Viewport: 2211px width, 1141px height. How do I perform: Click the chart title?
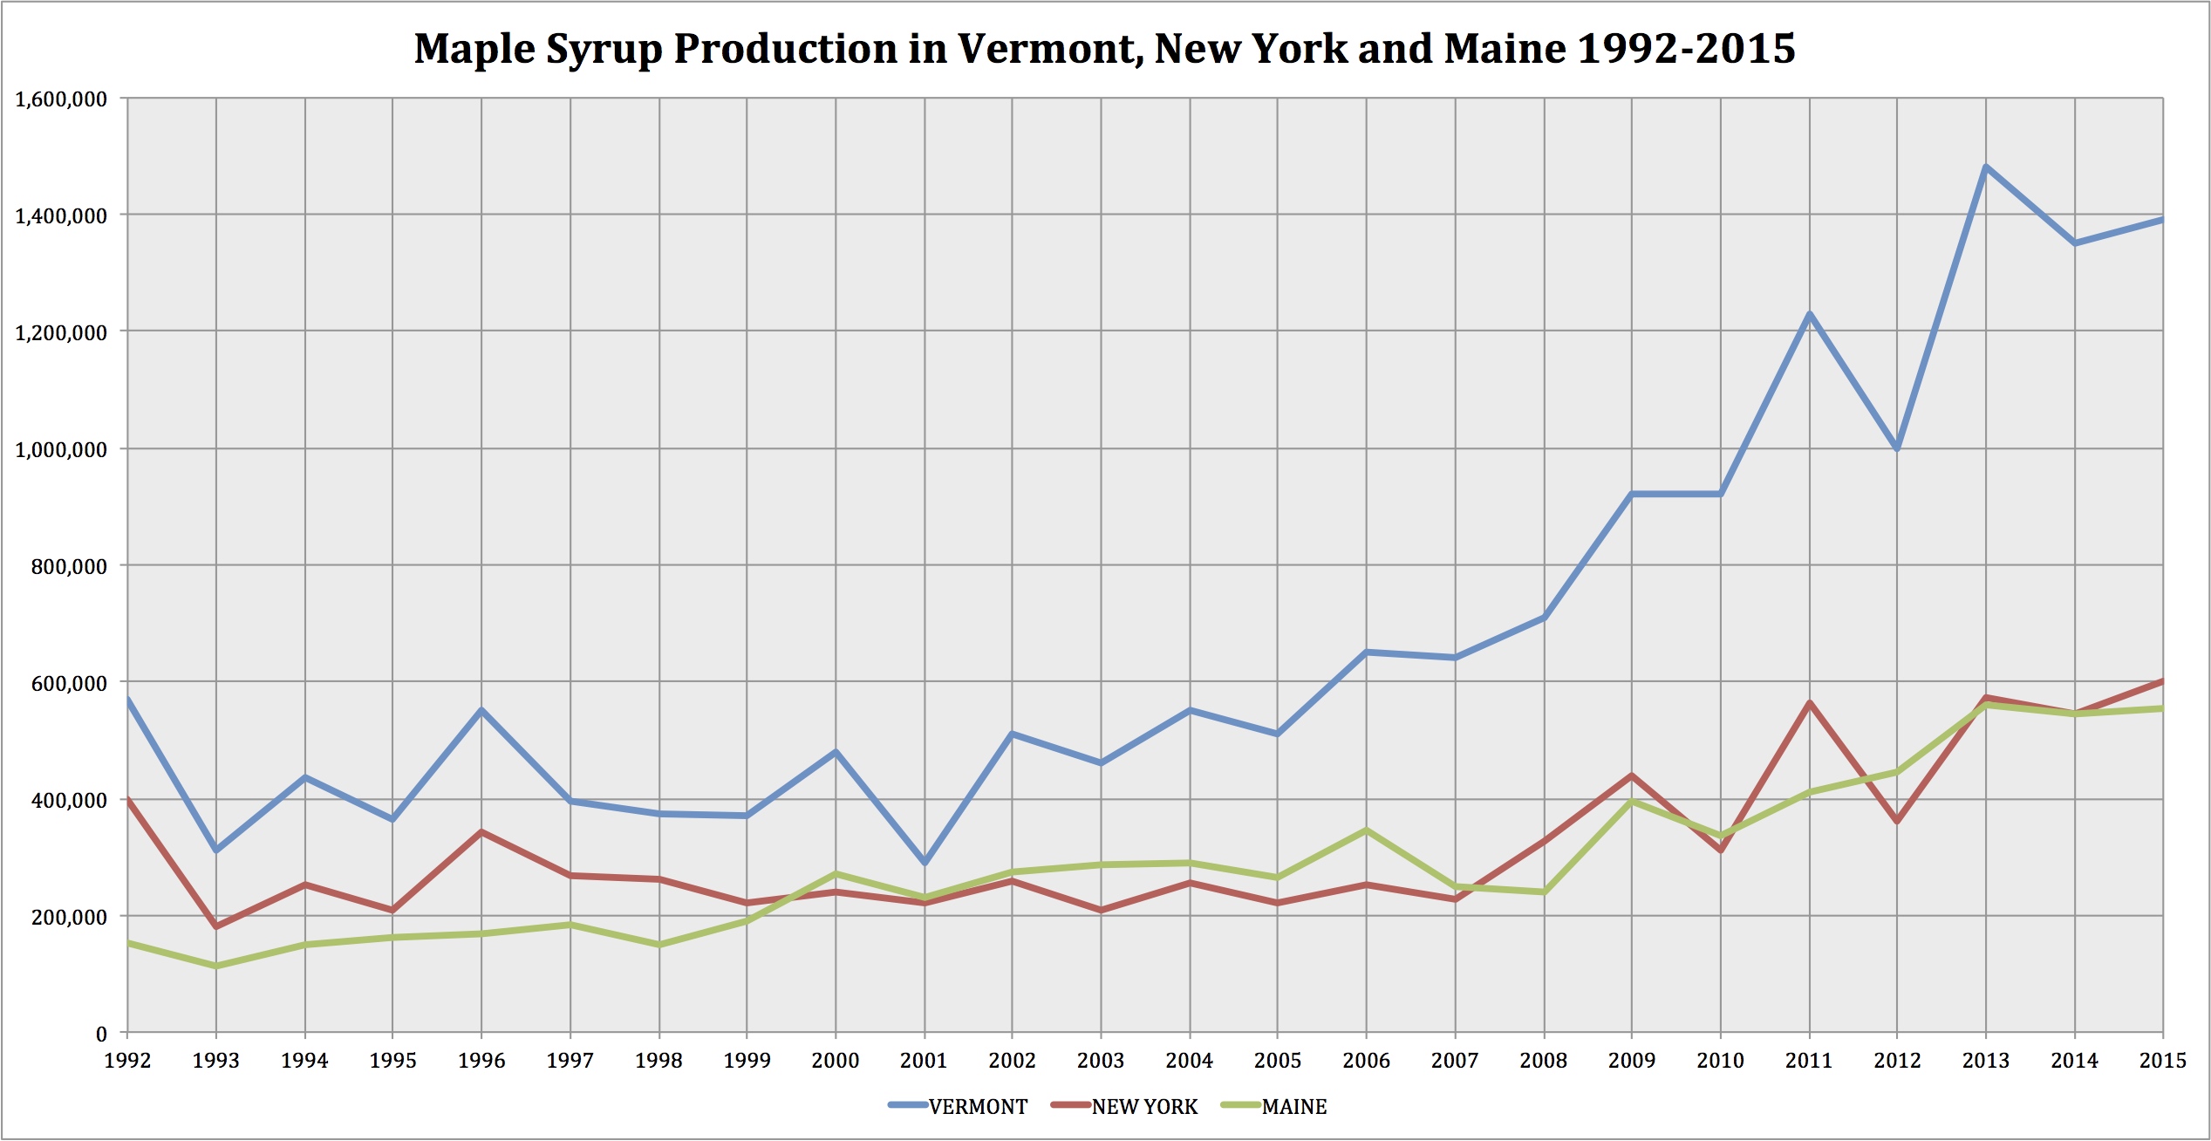click(1104, 49)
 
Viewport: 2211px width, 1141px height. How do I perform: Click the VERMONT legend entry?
click(978, 1107)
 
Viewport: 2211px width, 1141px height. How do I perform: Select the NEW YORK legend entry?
click(1144, 1107)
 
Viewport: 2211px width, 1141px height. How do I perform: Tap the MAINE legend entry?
click(1294, 1107)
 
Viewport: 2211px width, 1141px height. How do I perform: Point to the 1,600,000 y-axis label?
click(61, 99)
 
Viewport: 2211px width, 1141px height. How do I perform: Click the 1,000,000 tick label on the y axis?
click(61, 450)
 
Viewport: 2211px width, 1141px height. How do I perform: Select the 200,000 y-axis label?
click(69, 918)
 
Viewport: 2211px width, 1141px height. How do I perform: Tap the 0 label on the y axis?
click(101, 1035)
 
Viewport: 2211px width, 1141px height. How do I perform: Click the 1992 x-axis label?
click(127, 1061)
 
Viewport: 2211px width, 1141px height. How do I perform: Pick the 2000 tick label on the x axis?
click(836, 1061)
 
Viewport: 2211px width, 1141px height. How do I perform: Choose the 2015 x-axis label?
click(2162, 1061)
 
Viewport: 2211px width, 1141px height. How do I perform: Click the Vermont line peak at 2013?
click(1986, 167)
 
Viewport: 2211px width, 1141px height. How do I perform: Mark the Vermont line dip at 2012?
click(1897, 448)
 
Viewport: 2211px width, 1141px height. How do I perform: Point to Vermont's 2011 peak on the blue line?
click(1810, 314)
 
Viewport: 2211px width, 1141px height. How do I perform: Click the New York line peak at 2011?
click(1810, 703)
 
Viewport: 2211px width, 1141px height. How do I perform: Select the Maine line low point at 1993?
click(216, 966)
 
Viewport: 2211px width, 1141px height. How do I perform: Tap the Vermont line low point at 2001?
click(925, 863)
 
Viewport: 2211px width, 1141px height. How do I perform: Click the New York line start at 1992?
click(128, 799)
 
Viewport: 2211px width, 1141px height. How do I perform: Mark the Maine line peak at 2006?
click(1367, 830)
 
